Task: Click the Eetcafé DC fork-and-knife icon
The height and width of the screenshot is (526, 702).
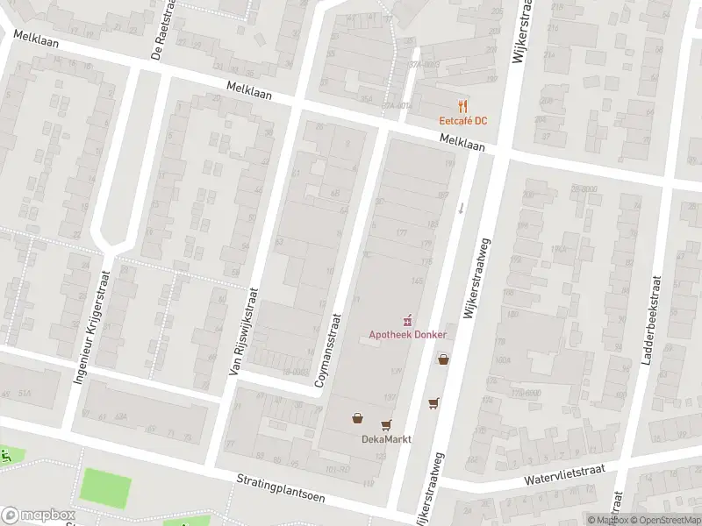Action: point(463,106)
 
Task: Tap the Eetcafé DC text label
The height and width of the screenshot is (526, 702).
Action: point(463,121)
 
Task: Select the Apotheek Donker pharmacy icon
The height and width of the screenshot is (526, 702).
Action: point(407,321)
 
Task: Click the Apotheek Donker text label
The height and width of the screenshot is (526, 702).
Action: point(407,335)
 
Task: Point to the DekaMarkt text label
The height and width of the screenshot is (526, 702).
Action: point(386,439)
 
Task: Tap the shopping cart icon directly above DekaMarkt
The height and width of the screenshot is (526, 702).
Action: point(386,425)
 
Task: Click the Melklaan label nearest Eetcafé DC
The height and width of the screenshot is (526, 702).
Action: point(462,142)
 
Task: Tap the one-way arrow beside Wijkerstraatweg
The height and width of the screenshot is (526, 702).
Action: point(462,208)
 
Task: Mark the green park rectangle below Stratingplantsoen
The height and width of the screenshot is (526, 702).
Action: point(105,487)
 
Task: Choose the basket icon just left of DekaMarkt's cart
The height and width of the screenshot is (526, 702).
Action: point(358,418)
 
